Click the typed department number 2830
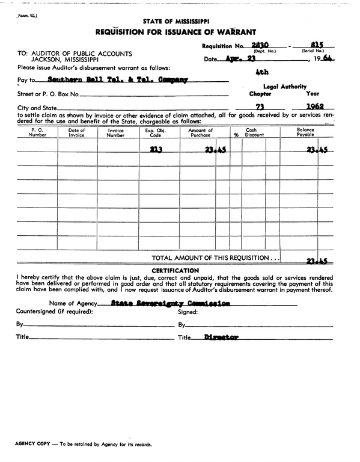260,45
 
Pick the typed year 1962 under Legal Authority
313,107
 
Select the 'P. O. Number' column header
37,132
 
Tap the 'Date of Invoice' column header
76,132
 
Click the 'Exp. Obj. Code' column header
158,132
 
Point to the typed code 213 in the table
157,150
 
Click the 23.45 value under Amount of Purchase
215,150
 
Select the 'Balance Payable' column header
305,132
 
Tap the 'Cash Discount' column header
254,132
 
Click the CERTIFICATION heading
175,271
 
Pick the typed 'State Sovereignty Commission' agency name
171,304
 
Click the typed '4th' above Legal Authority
261,72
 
